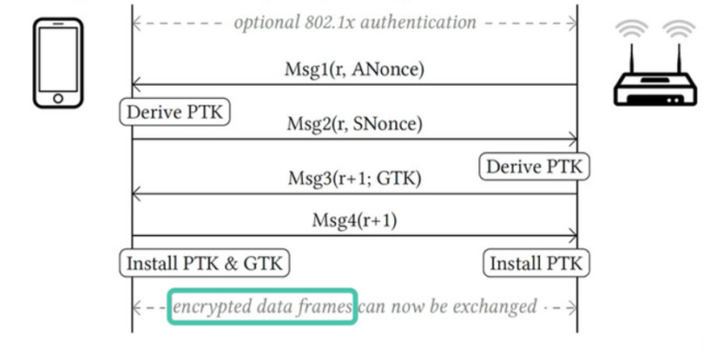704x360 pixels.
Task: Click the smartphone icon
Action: pos(56,64)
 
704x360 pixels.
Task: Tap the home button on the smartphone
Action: pos(56,98)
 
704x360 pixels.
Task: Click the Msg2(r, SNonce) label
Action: pos(354,125)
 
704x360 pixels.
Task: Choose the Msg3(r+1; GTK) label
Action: pos(354,179)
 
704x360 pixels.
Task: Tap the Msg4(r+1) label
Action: pos(354,220)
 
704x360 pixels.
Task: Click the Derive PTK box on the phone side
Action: pos(176,113)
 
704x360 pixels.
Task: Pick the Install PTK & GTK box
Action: pos(205,262)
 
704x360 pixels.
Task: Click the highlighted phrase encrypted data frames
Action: pos(262,306)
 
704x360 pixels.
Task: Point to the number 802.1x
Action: pos(327,21)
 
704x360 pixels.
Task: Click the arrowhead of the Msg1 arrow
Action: pos(135,85)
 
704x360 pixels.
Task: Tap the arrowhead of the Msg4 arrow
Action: pos(573,235)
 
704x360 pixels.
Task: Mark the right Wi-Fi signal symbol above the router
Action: pos(678,31)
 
